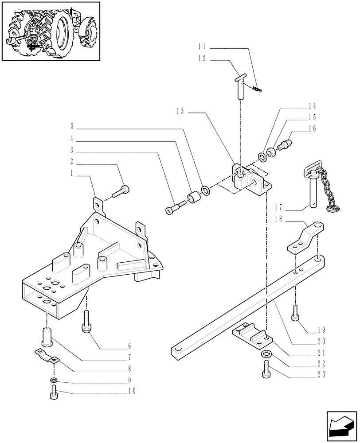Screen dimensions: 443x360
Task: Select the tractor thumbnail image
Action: click(x=51, y=31)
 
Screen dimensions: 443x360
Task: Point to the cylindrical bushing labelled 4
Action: click(x=194, y=198)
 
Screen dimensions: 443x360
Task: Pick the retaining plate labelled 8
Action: click(x=47, y=355)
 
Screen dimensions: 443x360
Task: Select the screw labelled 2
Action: click(x=121, y=191)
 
